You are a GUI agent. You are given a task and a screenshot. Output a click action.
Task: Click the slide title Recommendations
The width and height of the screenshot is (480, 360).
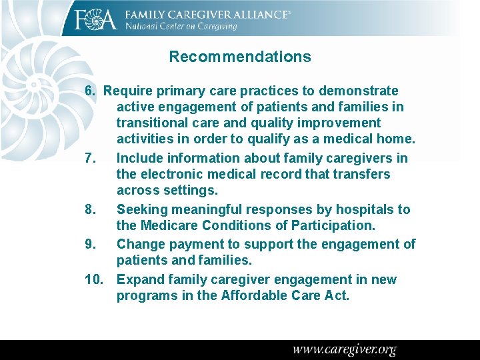(240, 57)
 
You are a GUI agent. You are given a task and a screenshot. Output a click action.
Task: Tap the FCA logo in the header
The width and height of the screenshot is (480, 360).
(96, 19)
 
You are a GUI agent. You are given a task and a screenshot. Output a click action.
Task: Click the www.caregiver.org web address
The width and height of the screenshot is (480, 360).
(344, 349)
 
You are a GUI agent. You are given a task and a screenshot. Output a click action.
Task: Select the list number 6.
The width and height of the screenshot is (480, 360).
(91, 91)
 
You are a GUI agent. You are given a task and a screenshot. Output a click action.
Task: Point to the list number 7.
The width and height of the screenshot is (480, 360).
(91, 158)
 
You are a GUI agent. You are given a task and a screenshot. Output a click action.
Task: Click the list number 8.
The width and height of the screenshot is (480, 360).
(91, 209)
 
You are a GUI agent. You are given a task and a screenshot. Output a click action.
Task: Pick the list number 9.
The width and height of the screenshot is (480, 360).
(91, 244)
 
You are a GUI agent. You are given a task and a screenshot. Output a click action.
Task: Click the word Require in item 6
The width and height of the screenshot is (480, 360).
(128, 91)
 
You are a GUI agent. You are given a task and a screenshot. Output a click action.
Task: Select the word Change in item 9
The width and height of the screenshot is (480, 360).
(141, 244)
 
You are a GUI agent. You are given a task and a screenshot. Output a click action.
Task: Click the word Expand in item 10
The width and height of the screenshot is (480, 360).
(140, 279)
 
